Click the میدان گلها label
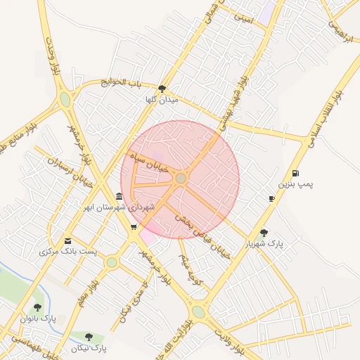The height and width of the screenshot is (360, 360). [x=162, y=100]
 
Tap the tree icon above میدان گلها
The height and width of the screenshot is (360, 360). [x=162, y=89]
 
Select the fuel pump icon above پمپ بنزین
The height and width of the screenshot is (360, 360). [x=295, y=173]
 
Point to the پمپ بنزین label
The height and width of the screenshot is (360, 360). [x=295, y=184]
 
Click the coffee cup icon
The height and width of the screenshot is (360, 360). [x=271, y=199]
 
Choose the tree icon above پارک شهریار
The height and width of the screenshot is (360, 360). [x=264, y=233]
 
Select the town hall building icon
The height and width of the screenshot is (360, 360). [x=119, y=196]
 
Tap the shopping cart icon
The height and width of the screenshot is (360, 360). [x=134, y=226]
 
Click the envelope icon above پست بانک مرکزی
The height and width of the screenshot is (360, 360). [x=67, y=240]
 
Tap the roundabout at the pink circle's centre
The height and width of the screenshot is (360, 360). [x=181, y=179]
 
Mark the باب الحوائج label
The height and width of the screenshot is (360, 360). [x=121, y=82]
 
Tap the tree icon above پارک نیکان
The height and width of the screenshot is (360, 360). [x=89, y=337]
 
